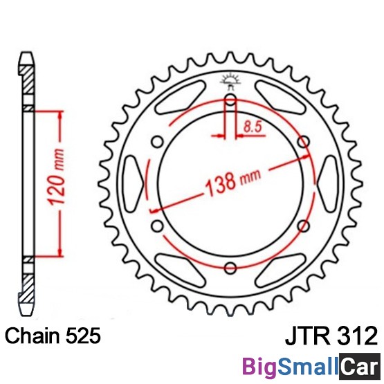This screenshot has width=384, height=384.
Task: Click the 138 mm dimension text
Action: [x=232, y=183]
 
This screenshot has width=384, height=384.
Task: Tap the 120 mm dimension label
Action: [x=57, y=177]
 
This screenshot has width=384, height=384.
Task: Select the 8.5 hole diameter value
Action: [x=253, y=127]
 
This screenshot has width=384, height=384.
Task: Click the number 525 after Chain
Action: [x=83, y=336]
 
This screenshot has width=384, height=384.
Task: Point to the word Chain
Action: [x=33, y=336]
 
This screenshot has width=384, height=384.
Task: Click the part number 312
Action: [x=357, y=336]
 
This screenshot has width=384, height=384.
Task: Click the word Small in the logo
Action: [x=308, y=366]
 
